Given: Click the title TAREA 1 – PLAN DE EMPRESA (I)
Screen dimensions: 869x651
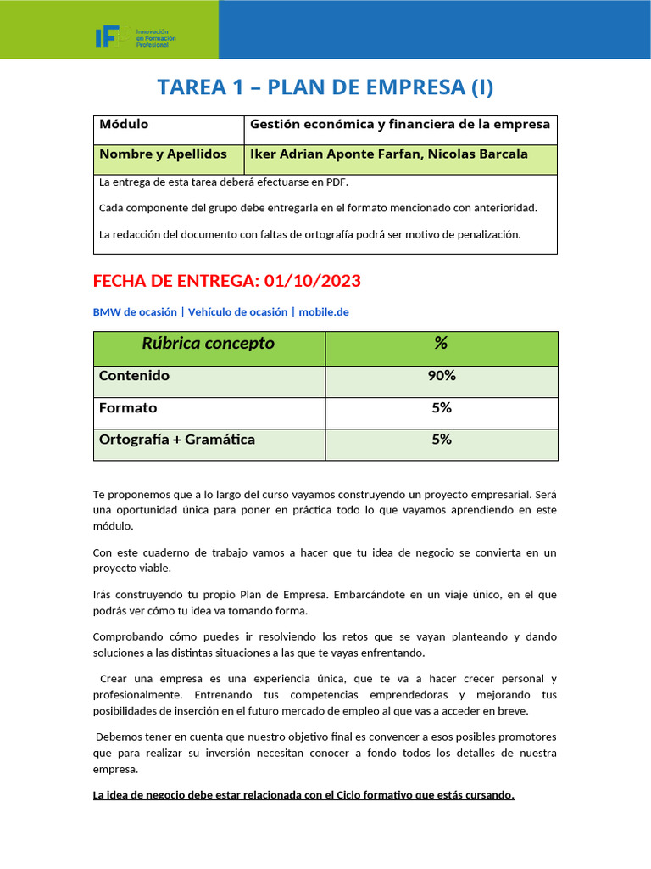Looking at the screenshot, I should [325, 87].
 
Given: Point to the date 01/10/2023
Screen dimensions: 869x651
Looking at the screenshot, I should [313, 281].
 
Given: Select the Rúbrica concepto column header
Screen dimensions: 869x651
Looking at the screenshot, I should [208, 344].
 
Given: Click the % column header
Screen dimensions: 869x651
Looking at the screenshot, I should [441, 344].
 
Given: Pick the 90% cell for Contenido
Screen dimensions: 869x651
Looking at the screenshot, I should [441, 376].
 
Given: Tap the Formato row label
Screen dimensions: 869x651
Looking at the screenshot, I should [128, 408].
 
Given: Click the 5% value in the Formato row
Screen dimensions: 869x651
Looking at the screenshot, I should [441, 408].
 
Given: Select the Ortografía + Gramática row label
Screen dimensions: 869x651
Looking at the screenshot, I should [177, 440].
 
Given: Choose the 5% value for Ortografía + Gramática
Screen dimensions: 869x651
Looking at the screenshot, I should [441, 440].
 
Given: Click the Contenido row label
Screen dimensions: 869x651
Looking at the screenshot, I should [134, 376].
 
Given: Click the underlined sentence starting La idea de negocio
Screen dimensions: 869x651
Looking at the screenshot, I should [303, 795].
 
